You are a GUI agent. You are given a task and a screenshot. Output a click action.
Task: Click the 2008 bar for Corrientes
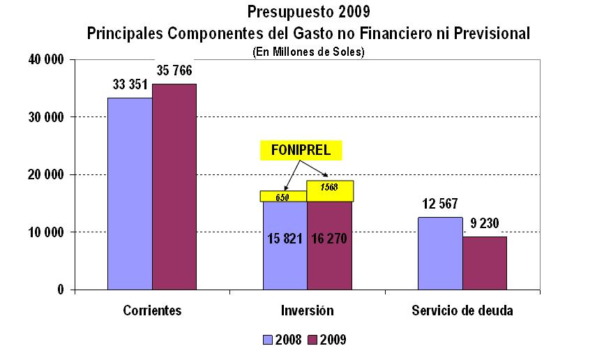coord(130,193)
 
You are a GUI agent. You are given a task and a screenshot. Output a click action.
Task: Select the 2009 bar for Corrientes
coord(174,186)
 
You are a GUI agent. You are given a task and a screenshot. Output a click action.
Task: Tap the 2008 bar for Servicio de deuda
coord(440,253)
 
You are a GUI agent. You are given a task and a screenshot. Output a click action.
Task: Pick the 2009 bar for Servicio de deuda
coord(485,262)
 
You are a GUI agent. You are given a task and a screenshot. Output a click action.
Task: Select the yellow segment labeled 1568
coord(330,191)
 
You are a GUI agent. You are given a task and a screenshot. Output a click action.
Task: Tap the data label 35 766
coord(174,70)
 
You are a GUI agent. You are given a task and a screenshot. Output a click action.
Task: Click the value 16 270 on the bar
coord(330,239)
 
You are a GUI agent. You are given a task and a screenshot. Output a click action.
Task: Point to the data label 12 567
coord(439,204)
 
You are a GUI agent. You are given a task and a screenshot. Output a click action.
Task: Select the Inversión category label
coord(307,310)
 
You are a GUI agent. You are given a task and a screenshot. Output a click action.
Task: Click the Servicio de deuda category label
coord(462,310)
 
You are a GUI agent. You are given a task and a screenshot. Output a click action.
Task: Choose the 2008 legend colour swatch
coord(268,340)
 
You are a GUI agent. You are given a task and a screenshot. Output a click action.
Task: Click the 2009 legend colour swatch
coord(312,340)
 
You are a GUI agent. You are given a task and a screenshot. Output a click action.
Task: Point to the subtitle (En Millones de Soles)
coord(308,51)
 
